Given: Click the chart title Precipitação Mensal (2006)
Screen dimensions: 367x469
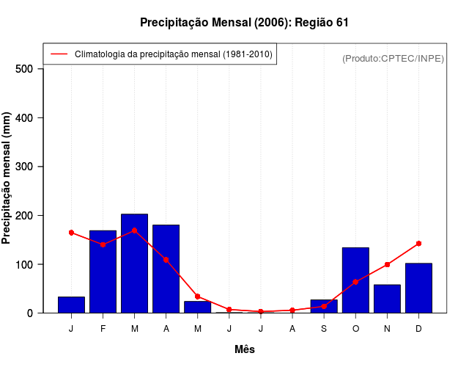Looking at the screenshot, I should (243, 23).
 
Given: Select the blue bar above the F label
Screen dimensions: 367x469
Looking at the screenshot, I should (103, 272).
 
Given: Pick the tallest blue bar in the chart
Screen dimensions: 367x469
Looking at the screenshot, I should (134, 264).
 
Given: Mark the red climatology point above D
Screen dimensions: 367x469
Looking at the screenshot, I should (418, 243).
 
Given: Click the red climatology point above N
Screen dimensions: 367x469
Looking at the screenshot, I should (387, 264).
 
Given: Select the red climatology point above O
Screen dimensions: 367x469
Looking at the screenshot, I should (355, 282).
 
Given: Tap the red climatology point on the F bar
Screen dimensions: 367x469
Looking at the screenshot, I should (103, 244).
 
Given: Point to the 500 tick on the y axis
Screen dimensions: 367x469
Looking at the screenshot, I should (24, 69).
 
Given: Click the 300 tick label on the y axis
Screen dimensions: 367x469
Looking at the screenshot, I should (24, 167).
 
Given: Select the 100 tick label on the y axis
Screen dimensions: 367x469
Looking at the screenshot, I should (24, 264).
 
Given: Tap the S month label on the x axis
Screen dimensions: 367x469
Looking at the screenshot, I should (324, 328).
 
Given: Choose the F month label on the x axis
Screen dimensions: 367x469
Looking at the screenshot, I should (103, 328).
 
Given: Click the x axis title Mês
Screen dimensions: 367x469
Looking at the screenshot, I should (245, 349).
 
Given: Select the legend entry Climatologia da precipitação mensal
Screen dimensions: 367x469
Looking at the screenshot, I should (173, 54).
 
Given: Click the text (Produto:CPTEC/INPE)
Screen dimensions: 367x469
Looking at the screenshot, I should (393, 58).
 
